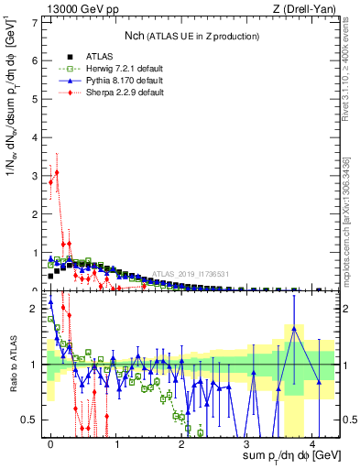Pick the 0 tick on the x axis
(x=51, y=443)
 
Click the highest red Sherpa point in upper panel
(x=57, y=172)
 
